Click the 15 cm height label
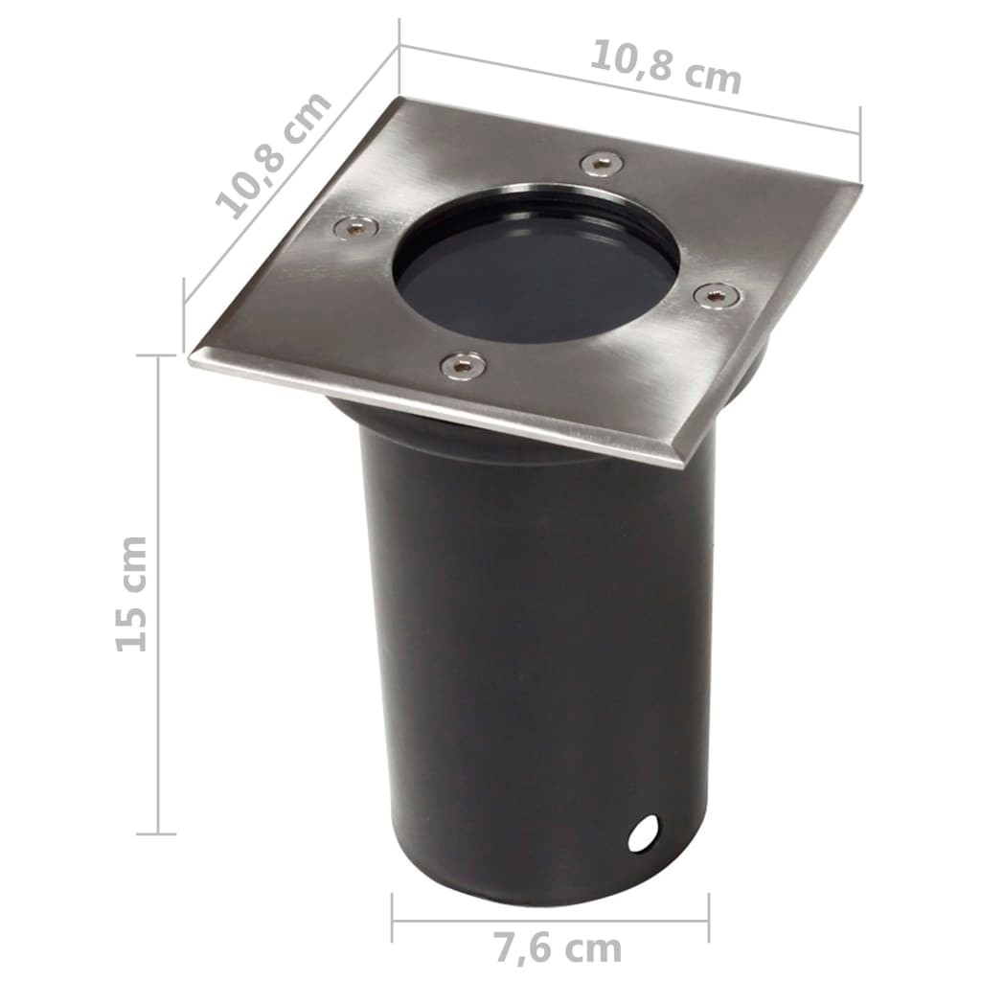click(x=132, y=594)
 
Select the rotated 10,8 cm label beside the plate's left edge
click(x=273, y=155)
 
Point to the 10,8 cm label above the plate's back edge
click(x=665, y=65)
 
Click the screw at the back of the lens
click(x=600, y=163)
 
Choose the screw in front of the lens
click(x=462, y=364)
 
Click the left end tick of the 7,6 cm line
click(x=393, y=918)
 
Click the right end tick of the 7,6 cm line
click(x=709, y=918)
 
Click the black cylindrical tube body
click(x=536, y=651)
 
